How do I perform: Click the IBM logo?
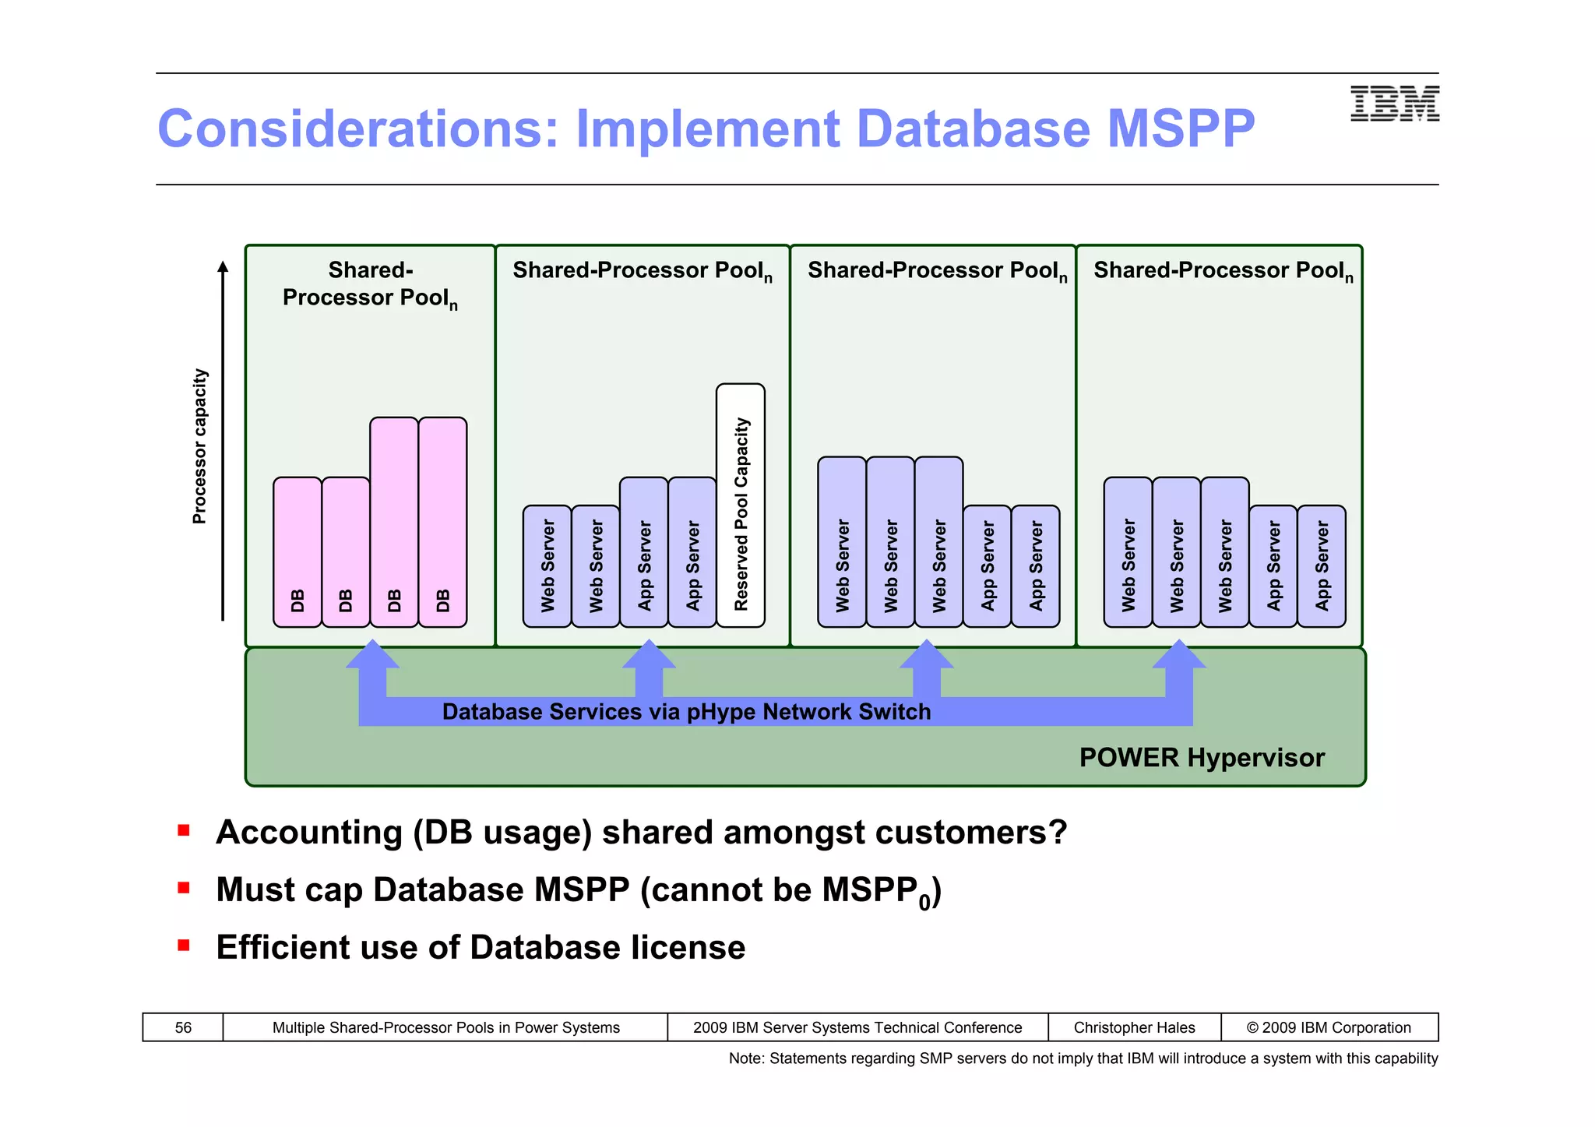[x=1394, y=104]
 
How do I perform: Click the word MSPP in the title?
[x=1181, y=129]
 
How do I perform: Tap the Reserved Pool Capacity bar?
[x=741, y=505]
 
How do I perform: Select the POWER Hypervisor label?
[x=1201, y=758]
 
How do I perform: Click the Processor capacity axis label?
[x=200, y=446]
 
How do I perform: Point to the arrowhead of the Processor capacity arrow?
[x=223, y=268]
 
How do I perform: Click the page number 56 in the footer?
[x=183, y=1027]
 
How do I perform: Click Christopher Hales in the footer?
[x=1134, y=1027]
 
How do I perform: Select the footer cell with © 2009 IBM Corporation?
[x=1329, y=1027]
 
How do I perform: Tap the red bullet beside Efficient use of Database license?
[x=184, y=946]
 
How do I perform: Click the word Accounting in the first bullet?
[x=308, y=833]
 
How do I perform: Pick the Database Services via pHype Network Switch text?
[x=686, y=712]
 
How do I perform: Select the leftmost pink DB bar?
[x=297, y=552]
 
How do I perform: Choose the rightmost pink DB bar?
[x=443, y=522]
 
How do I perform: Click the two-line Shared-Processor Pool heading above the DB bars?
[x=370, y=284]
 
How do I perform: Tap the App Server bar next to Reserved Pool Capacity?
[x=692, y=552]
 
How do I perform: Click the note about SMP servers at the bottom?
[x=1083, y=1058]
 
